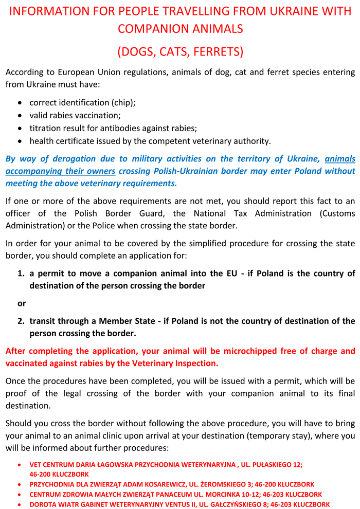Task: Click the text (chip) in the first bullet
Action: click(122, 102)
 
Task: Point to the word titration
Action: click(46, 128)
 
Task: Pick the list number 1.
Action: click(21, 274)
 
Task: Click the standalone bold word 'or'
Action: click(22, 303)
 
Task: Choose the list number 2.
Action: click(21, 321)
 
